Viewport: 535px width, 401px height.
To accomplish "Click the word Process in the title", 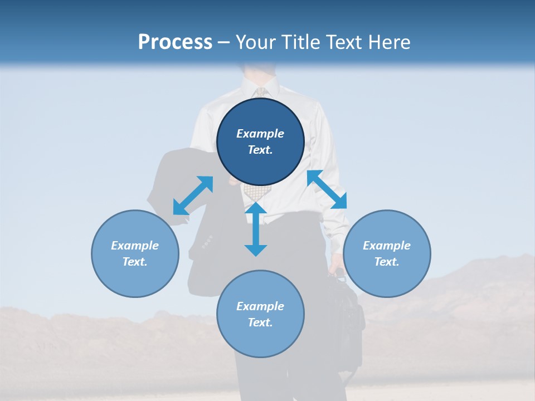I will click(x=175, y=42).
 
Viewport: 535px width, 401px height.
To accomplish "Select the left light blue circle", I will click(x=135, y=253).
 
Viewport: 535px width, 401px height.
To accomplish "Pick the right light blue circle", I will click(x=387, y=253).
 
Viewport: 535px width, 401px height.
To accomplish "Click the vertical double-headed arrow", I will click(x=256, y=229).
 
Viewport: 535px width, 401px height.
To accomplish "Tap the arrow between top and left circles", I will click(x=193, y=195).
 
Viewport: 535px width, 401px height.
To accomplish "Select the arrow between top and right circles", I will click(x=327, y=189).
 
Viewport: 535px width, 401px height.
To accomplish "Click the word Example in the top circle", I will click(x=260, y=134).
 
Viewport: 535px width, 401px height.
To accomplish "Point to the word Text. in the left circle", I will click(x=135, y=262).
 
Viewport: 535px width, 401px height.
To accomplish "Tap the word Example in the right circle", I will click(x=387, y=246).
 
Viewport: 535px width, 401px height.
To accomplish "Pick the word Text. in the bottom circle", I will click(x=260, y=322).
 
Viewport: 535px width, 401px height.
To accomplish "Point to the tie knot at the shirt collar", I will click(x=260, y=91).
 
